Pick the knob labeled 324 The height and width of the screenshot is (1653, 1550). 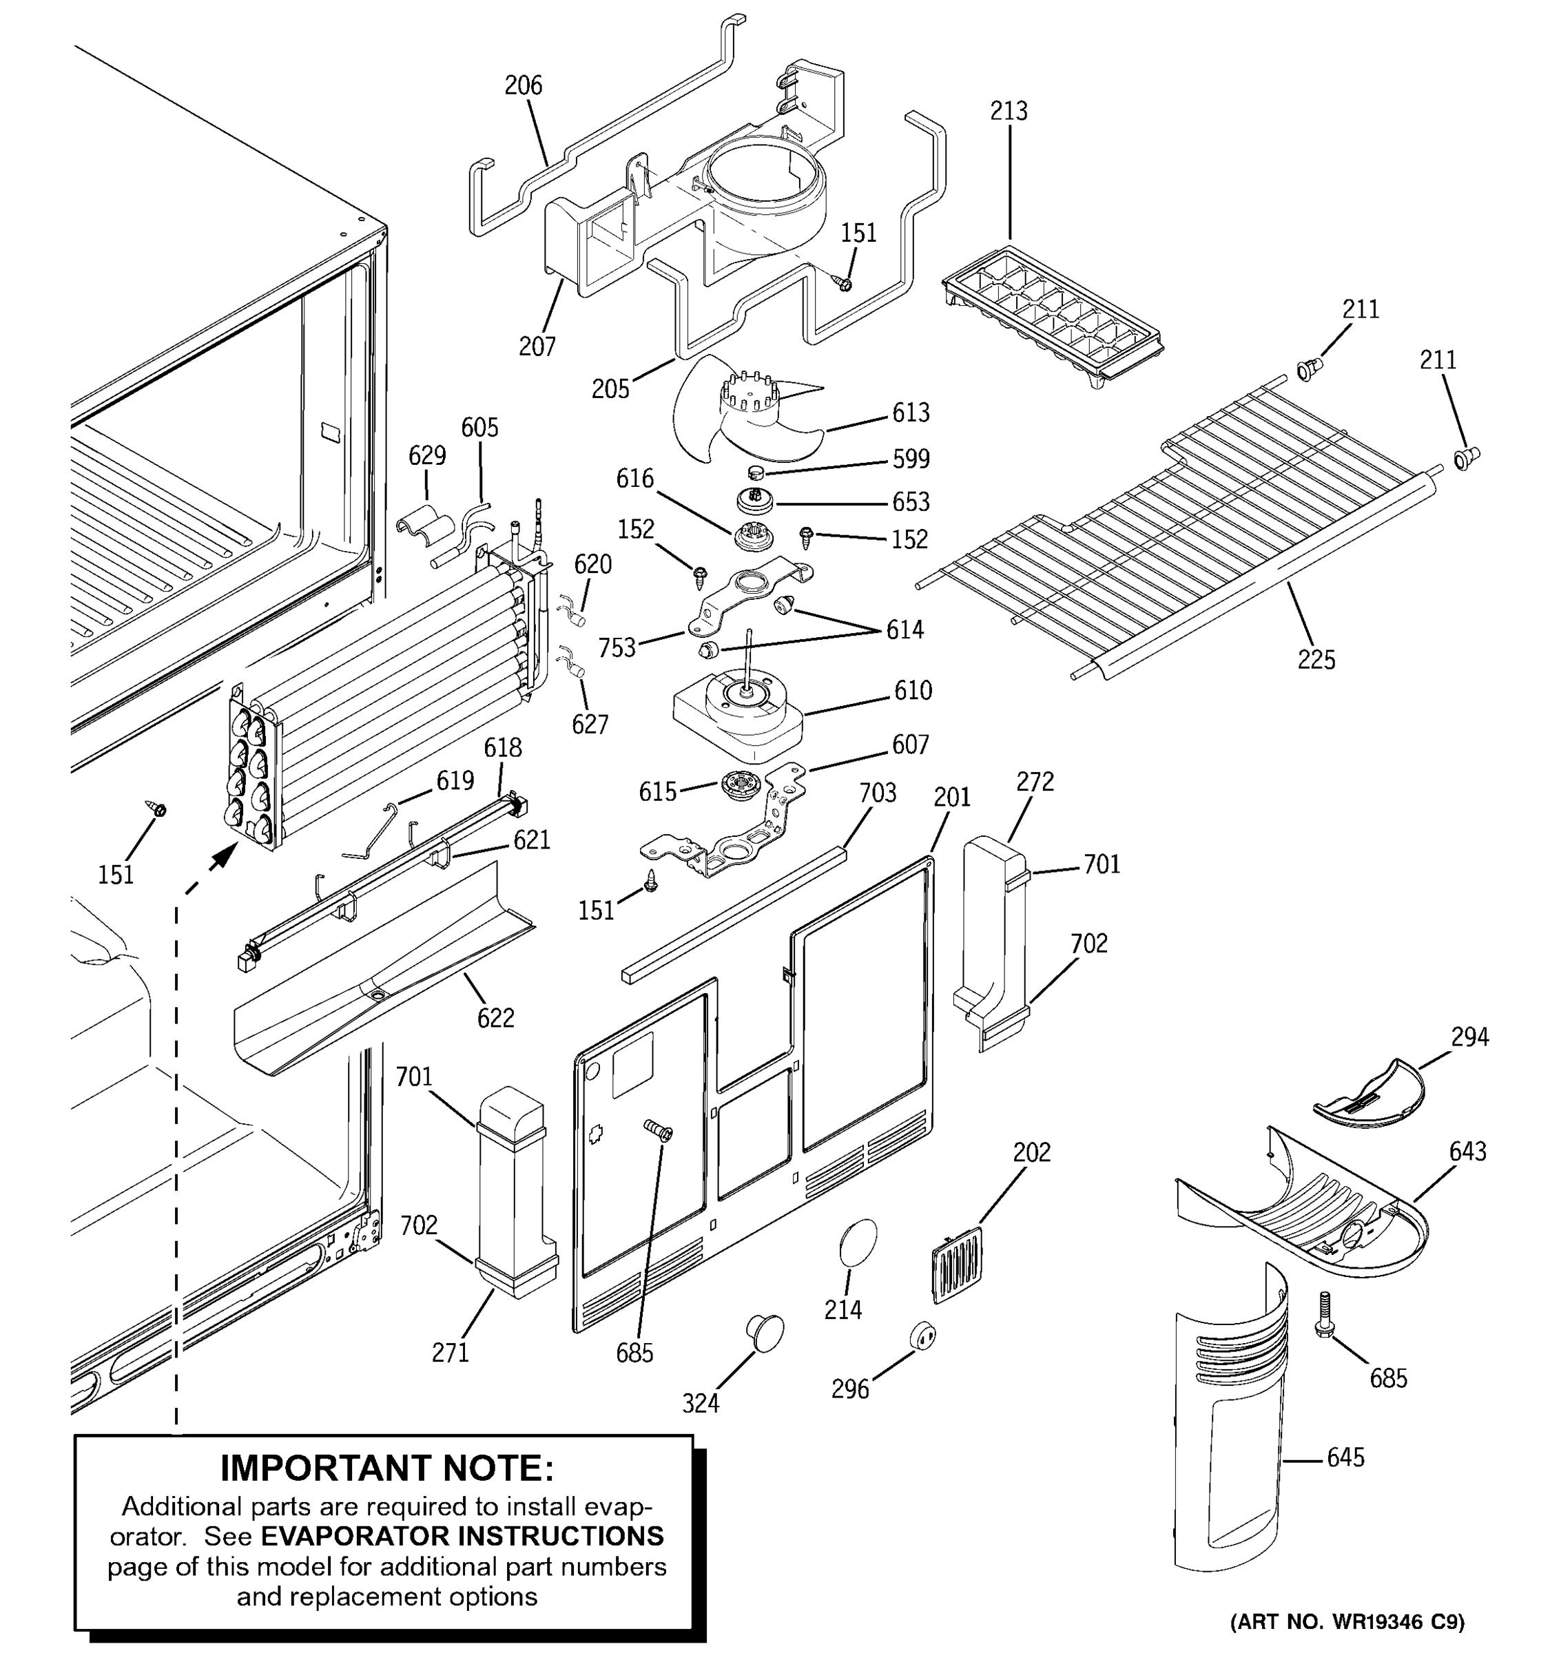pos(763,1329)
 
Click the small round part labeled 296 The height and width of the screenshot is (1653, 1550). pos(922,1336)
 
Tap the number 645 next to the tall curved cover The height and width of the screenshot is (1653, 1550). pos(1345,1457)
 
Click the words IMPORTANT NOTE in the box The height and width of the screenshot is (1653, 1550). pos(386,1468)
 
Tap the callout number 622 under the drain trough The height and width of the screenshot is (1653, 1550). pos(495,1018)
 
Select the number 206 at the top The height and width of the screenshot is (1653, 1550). pos(523,85)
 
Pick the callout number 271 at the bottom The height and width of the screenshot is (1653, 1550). pos(450,1353)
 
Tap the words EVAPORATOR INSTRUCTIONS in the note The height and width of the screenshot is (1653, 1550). pos(462,1536)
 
